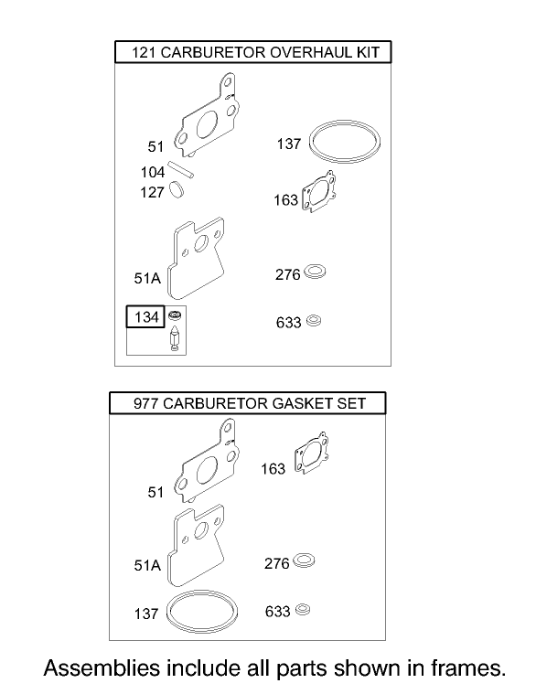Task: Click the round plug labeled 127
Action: pos(178,190)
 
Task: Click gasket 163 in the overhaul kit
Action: pos(324,194)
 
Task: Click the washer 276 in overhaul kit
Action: pos(316,272)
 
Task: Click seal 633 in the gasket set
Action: pos(305,610)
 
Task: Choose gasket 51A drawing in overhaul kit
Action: pos(200,260)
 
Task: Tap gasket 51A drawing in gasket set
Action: pos(196,546)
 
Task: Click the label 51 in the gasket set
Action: pos(155,493)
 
